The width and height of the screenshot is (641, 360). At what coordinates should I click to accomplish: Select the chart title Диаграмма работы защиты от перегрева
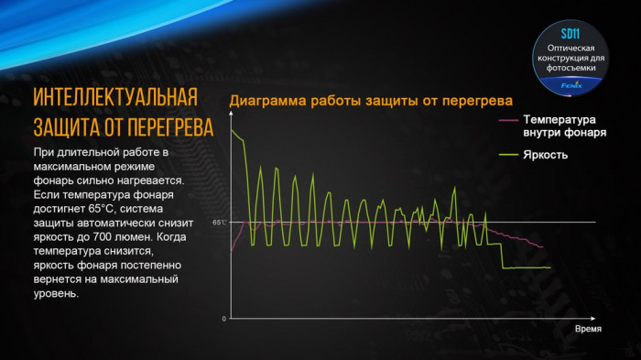click(x=371, y=101)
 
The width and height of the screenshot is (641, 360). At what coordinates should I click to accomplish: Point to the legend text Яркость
click(x=546, y=154)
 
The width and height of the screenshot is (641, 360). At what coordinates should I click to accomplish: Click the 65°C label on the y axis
click(x=218, y=223)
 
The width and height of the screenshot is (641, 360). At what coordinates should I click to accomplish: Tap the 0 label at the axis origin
click(x=223, y=319)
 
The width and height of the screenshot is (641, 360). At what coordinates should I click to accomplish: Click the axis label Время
click(x=587, y=327)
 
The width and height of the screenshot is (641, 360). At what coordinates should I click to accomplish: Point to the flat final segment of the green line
click(x=527, y=267)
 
